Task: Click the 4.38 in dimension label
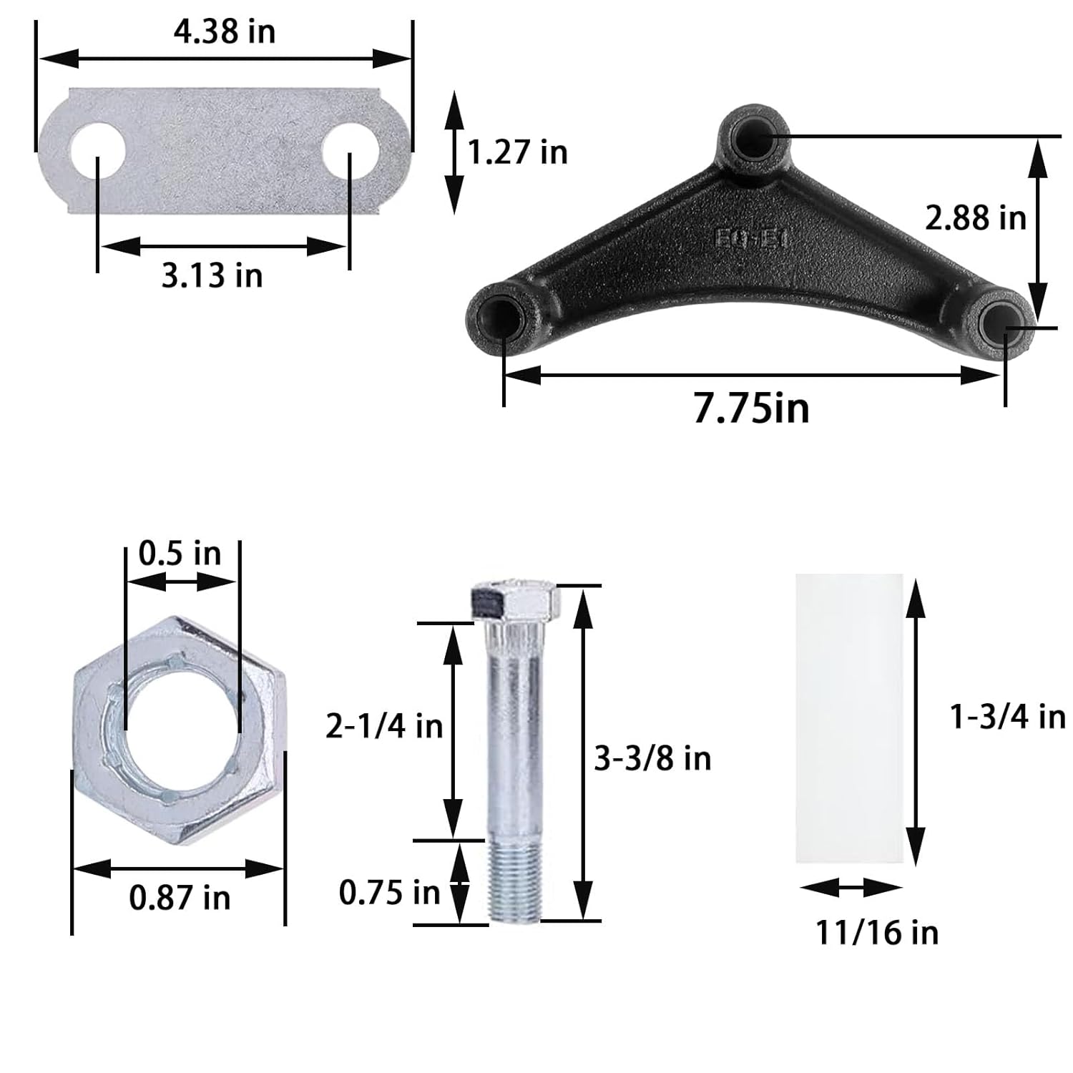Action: point(224,32)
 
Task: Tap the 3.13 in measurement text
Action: point(212,275)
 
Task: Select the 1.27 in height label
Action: point(517,152)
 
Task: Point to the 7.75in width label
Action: point(751,408)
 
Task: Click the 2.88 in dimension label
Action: point(975,217)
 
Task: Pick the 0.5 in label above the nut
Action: point(180,553)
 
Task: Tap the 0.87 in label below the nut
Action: point(180,897)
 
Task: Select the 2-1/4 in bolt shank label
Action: point(384,727)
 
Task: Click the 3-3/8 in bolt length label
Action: point(652,758)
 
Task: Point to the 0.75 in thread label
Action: point(389,892)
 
